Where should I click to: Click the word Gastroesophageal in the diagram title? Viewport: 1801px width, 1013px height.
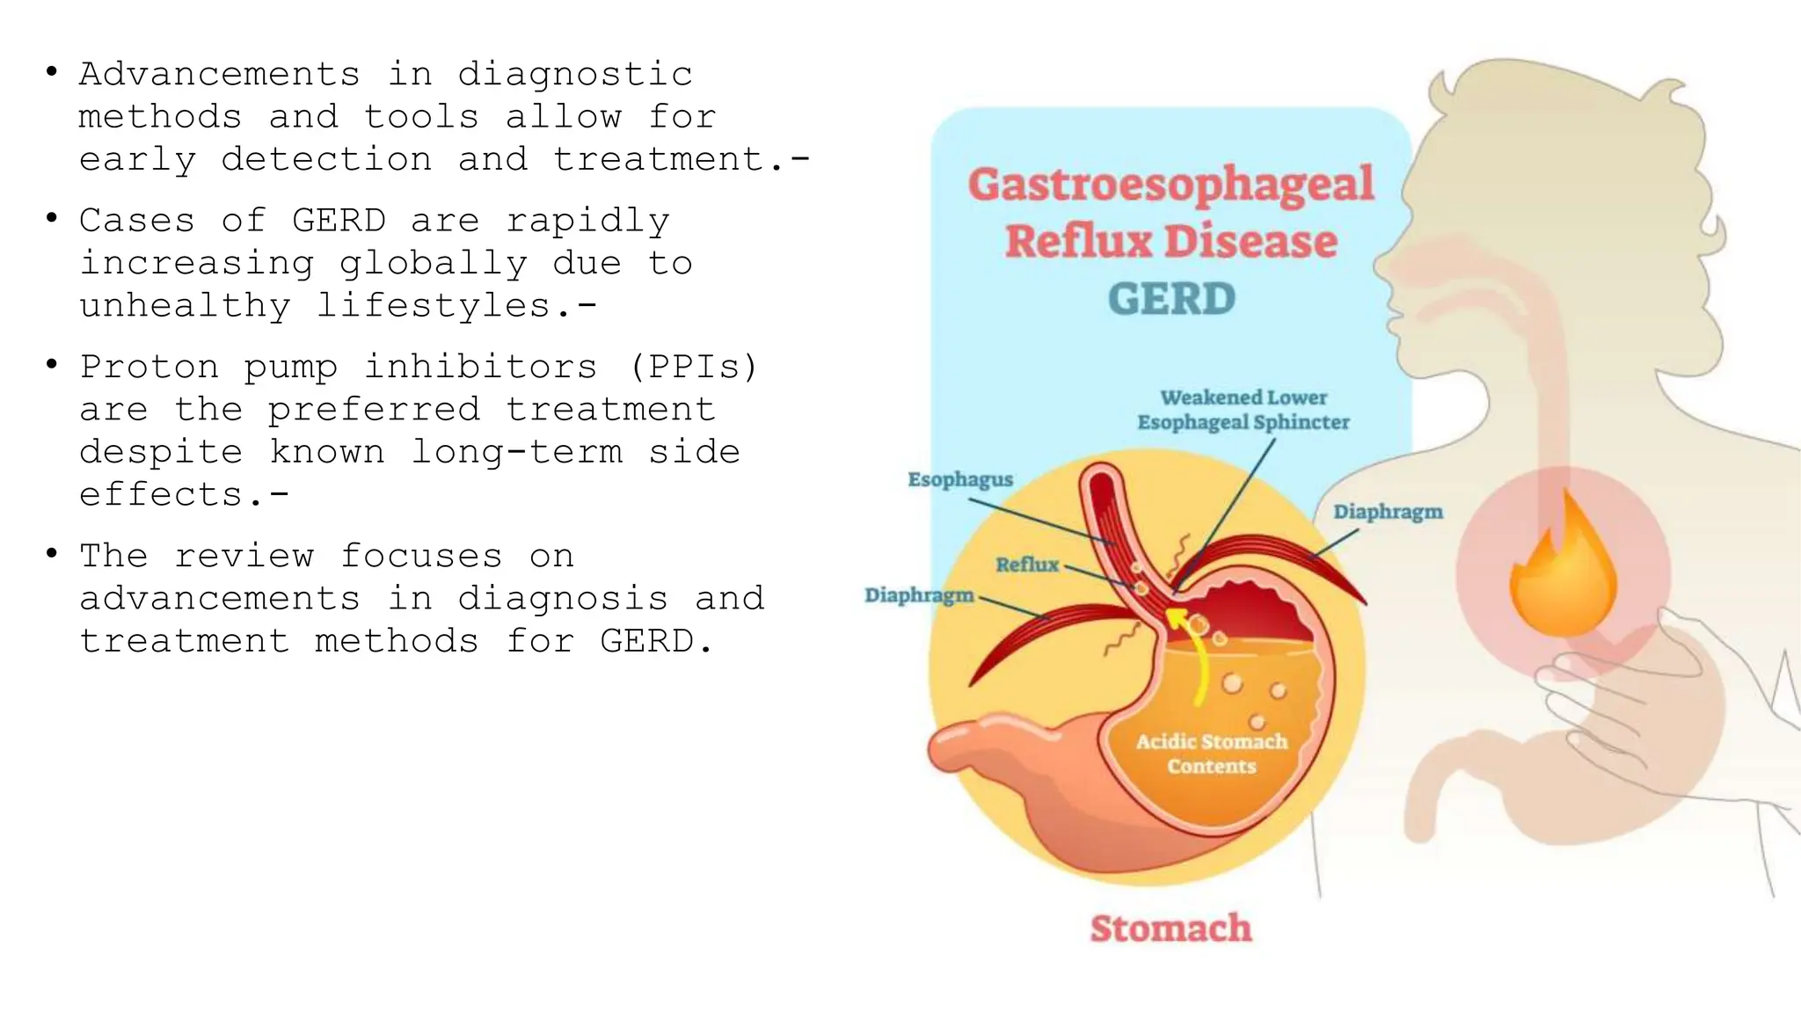coord(1170,185)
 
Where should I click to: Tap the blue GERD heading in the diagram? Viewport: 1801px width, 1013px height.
coord(1171,299)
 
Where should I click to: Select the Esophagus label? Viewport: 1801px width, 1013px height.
coord(960,480)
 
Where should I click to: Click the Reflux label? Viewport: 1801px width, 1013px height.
coord(1027,565)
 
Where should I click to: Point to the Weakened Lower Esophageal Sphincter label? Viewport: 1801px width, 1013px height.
coord(1243,410)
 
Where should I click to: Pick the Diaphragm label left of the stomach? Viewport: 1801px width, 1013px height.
coord(919,595)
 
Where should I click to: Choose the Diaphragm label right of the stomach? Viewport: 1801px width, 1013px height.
coord(1388,512)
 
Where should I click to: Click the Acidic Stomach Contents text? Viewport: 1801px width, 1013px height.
coord(1212,754)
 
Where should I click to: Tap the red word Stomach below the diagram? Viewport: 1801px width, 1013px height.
coord(1170,929)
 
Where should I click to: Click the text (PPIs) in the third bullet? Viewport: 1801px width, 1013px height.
coord(694,367)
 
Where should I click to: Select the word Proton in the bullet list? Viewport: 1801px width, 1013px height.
coord(149,367)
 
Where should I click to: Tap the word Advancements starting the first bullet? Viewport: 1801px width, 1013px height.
coord(220,74)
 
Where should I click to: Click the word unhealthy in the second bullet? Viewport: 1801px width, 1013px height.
coord(185,306)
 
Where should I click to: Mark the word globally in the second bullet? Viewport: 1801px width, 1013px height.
coord(434,264)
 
